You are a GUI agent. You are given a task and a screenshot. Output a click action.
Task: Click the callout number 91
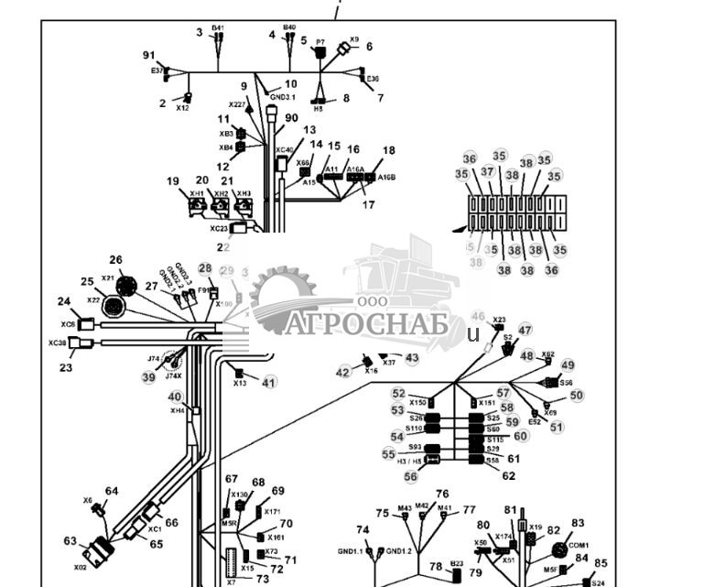coord(149,55)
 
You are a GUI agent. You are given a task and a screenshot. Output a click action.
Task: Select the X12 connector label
coord(182,108)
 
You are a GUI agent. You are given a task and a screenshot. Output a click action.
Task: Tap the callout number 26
coord(116,260)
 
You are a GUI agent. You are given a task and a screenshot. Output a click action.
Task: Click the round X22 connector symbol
coord(113,307)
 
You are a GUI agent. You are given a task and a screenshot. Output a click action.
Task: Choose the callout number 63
coord(70,541)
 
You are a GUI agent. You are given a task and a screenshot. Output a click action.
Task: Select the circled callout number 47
coord(525,330)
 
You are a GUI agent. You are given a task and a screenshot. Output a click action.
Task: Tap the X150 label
coord(417,403)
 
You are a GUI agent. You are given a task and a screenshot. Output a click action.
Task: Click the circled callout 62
coord(509,476)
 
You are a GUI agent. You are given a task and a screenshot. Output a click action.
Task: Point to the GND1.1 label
coord(350,551)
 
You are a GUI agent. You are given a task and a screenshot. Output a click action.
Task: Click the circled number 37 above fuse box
coord(488,171)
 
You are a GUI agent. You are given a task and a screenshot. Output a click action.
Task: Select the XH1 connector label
coord(197,193)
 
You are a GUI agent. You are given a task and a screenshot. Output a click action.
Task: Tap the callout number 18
coord(389,150)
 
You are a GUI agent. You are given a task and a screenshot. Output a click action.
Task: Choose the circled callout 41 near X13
coord(268,382)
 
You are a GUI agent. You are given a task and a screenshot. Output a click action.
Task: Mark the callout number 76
coord(442,494)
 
